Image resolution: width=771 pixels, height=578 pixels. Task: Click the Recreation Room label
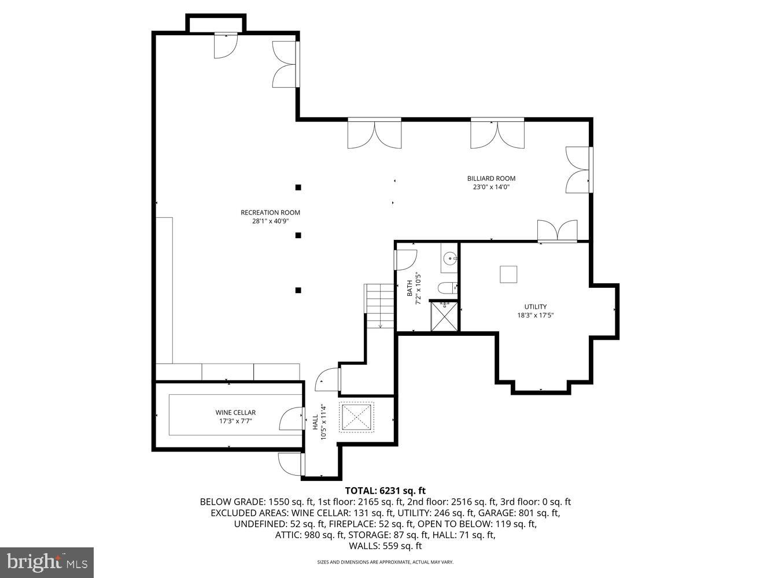coord(270,212)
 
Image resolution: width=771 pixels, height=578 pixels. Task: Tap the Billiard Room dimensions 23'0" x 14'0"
coord(491,187)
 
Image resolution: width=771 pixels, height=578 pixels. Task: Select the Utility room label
coord(535,307)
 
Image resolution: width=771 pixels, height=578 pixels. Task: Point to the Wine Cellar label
coord(235,413)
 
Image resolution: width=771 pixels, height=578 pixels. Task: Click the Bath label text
coord(410,288)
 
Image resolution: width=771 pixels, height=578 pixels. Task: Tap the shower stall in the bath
coord(444,316)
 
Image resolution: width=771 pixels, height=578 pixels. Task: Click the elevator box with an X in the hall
coord(357,417)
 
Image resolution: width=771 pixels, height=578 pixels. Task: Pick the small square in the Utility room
coord(509,274)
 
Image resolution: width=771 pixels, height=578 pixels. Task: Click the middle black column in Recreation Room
coord(298,235)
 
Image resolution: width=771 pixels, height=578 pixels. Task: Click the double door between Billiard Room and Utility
coord(557,231)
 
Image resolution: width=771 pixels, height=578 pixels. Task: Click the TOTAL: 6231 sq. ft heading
coord(385,491)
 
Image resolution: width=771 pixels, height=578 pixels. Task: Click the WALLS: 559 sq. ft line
coord(385,546)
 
